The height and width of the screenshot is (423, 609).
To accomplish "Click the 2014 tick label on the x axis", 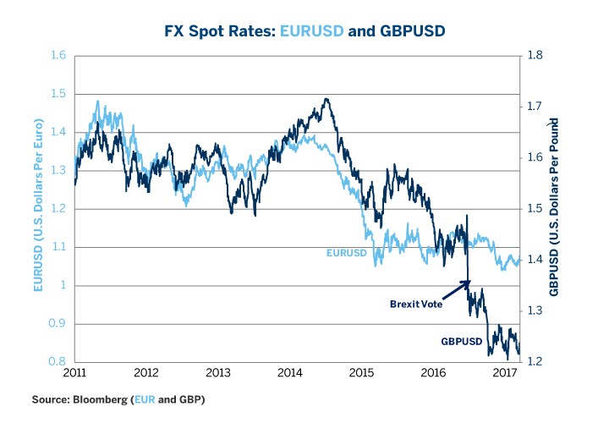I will [289, 372].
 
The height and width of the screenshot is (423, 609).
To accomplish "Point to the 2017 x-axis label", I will [505, 372].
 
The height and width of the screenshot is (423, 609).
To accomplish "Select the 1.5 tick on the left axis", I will [58, 94].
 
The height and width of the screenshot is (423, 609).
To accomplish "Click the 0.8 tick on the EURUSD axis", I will [58, 362].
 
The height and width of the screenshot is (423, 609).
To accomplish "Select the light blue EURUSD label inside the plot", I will [348, 252].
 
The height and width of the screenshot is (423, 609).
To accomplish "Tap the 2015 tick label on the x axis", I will [361, 372].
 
